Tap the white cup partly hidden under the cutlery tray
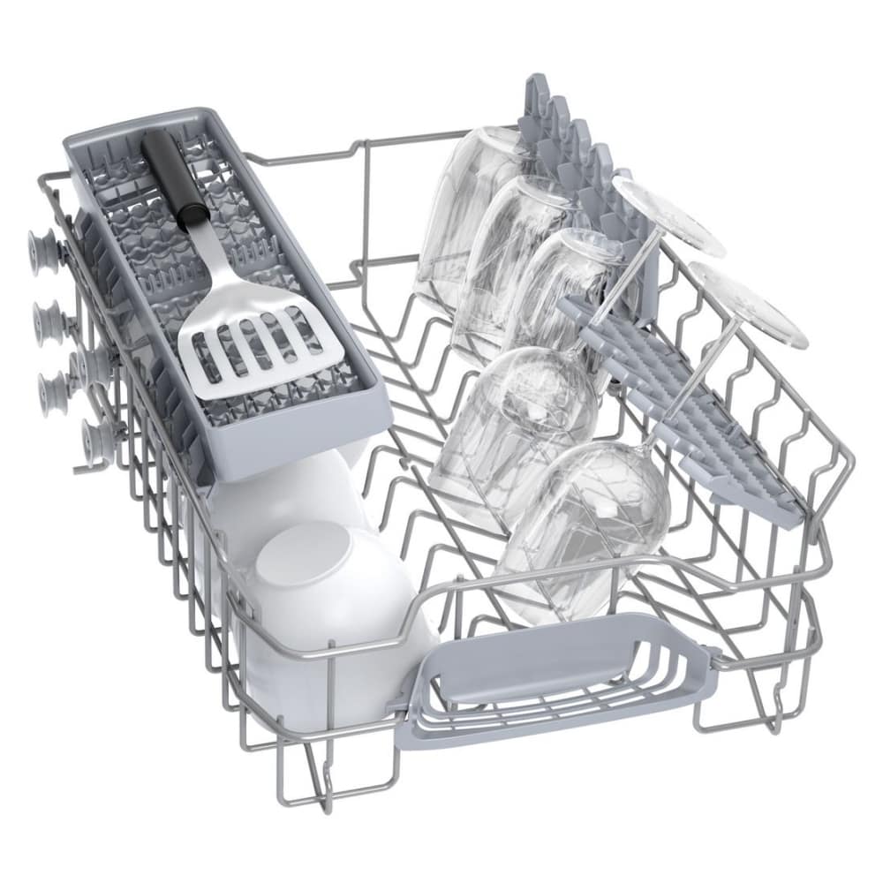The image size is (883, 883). pos(265,494)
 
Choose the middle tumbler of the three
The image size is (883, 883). pos(512,256)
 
